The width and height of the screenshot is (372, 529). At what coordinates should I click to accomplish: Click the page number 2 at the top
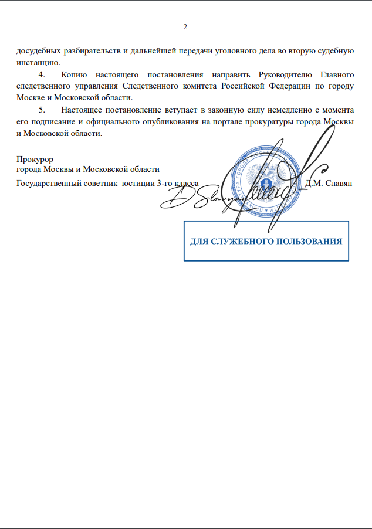click(x=185, y=28)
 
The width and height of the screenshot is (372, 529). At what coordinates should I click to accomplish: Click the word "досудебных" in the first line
click(x=36, y=51)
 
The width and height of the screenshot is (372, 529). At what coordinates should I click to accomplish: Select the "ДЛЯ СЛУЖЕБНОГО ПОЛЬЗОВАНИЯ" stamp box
click(x=266, y=241)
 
